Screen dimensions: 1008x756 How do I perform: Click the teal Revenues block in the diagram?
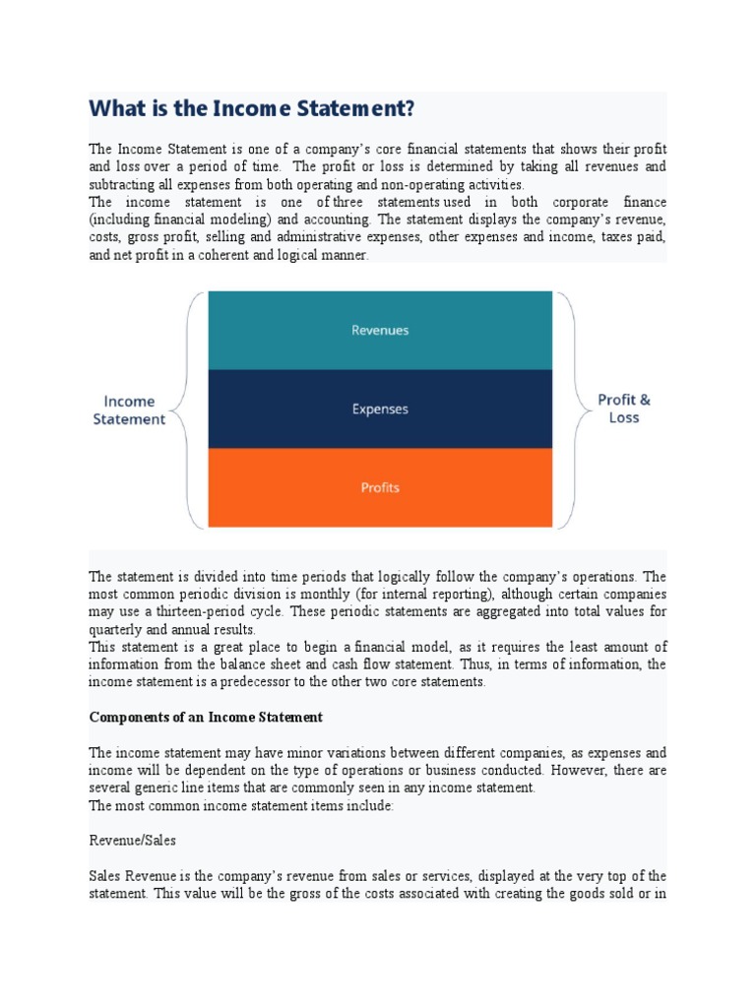click(380, 331)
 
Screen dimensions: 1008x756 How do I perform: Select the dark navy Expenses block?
click(380, 409)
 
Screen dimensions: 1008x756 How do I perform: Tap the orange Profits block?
click(380, 487)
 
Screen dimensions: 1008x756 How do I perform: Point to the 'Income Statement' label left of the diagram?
click(129, 409)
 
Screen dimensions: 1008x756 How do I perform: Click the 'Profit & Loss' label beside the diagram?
click(624, 409)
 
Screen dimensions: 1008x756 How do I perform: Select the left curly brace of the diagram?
click(193, 409)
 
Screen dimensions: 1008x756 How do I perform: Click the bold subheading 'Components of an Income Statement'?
click(206, 717)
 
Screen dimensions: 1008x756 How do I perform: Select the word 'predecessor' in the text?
click(244, 682)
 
